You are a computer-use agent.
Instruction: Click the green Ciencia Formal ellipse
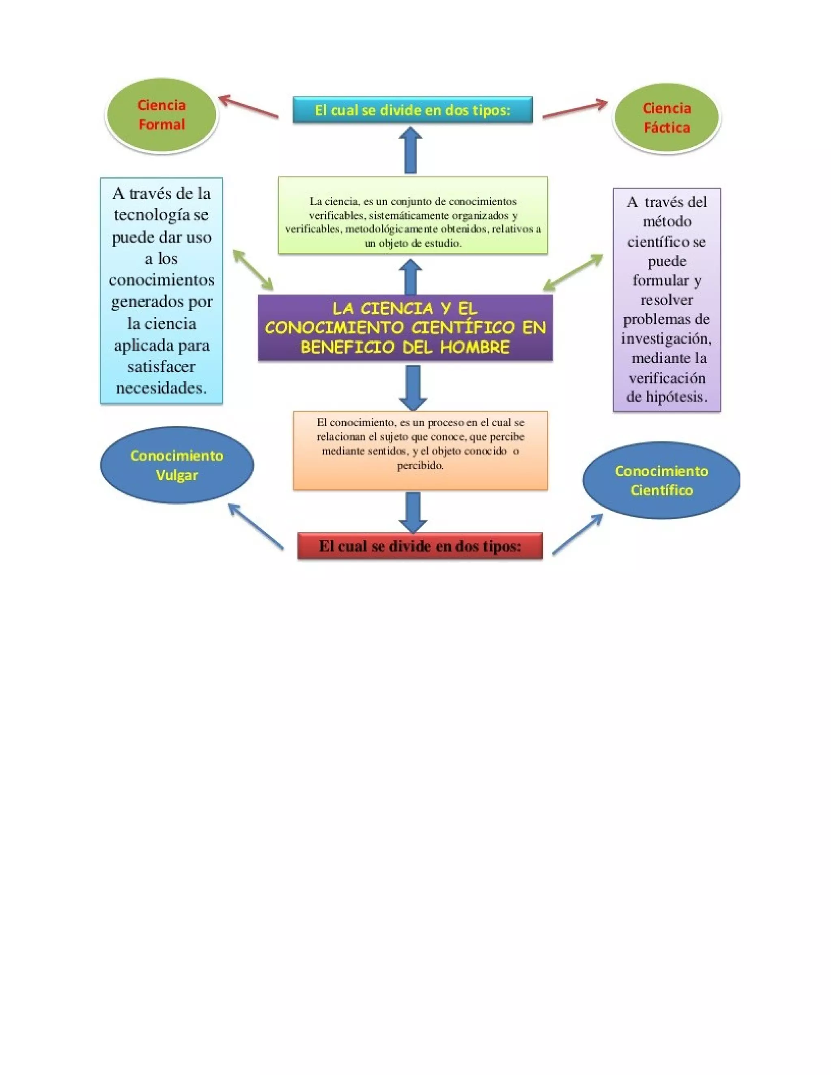(161, 115)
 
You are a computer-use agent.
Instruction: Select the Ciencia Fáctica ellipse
(666, 118)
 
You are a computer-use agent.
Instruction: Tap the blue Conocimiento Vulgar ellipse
(177, 465)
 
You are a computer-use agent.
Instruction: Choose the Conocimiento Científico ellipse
(661, 480)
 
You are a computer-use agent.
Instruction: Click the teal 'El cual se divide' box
(413, 110)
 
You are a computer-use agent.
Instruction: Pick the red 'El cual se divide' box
(420, 546)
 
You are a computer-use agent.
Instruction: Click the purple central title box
(405, 328)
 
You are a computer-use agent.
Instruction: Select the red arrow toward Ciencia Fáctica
(575, 109)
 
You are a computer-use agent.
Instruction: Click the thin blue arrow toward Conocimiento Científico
(578, 534)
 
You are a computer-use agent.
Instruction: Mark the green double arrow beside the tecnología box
(253, 270)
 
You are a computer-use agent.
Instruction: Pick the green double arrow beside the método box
(573, 272)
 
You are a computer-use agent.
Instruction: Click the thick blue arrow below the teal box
(410, 150)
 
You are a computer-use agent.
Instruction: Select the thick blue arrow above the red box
(413, 512)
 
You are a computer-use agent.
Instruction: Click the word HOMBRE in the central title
(475, 348)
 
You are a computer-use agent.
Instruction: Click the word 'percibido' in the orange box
(420, 466)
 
